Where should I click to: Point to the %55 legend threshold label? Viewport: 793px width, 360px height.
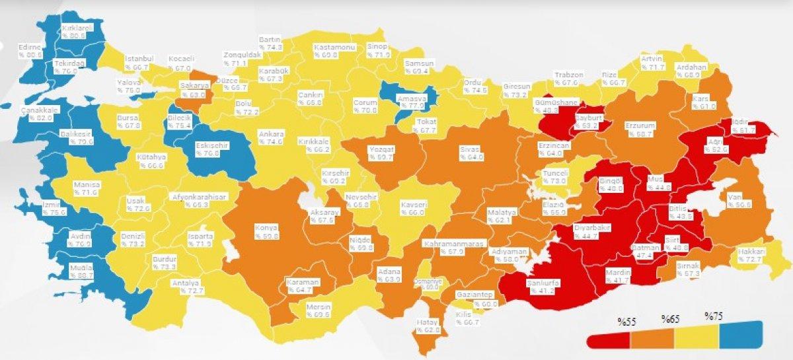pos(626,322)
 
